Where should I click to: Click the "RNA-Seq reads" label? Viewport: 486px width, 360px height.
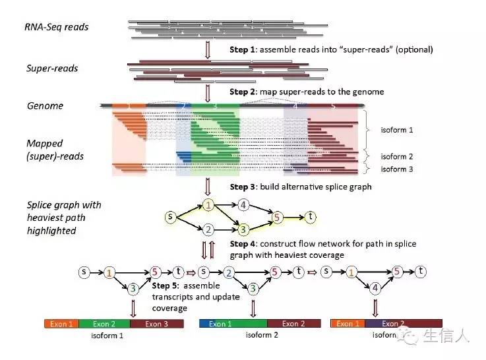pos(57,28)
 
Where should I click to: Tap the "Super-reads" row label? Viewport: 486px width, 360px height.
pos(53,68)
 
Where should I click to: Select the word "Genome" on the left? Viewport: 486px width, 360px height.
pos(46,105)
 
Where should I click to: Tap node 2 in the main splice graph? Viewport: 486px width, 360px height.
pos(208,229)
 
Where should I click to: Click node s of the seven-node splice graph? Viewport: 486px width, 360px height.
pos(171,216)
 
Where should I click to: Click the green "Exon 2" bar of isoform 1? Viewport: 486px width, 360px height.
pos(104,324)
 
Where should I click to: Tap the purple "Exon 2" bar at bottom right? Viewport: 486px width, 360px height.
pos(390,324)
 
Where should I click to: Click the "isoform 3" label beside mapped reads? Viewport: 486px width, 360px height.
pos(397,169)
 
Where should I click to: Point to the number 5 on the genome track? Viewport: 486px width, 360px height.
pos(333,105)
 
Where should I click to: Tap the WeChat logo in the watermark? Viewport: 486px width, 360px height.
pos(411,337)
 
